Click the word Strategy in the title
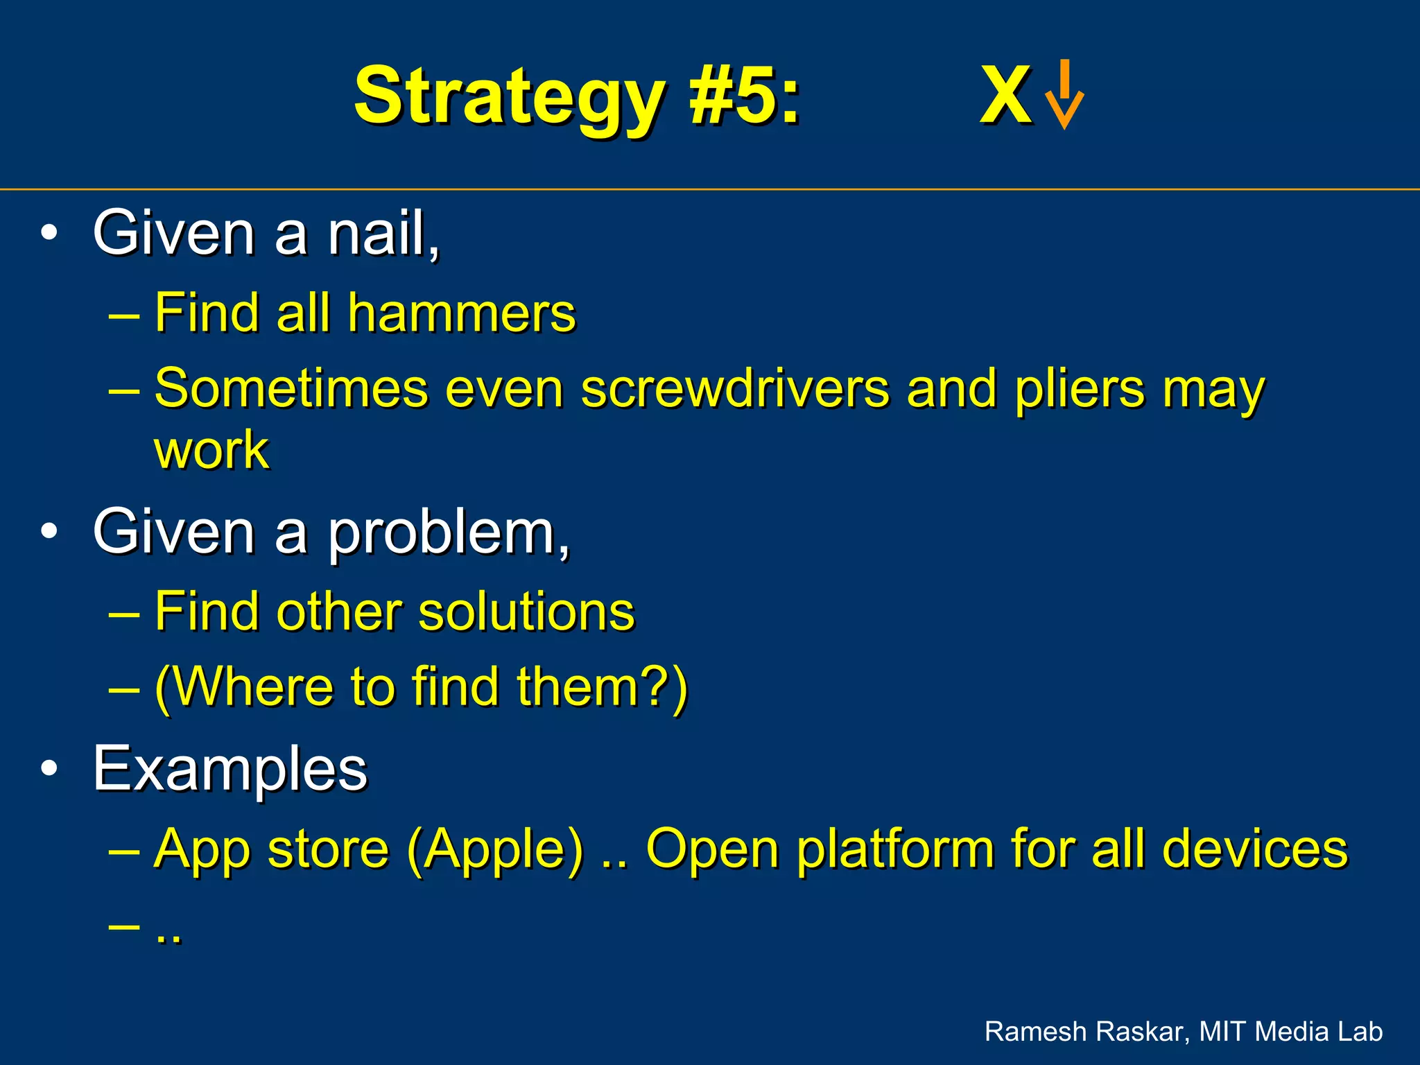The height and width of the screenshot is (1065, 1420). pyautogui.click(x=510, y=97)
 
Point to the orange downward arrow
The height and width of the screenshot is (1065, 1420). pyautogui.click(x=1064, y=96)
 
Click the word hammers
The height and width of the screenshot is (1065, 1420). pyautogui.click(x=462, y=313)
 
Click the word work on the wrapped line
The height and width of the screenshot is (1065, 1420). pyautogui.click(x=211, y=450)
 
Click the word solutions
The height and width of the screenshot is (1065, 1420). pyautogui.click(x=526, y=612)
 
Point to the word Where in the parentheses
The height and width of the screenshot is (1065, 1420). pyautogui.click(x=253, y=686)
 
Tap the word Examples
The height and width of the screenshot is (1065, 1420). pyautogui.click(x=230, y=768)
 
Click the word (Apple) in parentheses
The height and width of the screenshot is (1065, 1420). pyautogui.click(x=495, y=850)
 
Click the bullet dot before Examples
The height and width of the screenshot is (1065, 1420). pyautogui.click(x=49, y=768)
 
